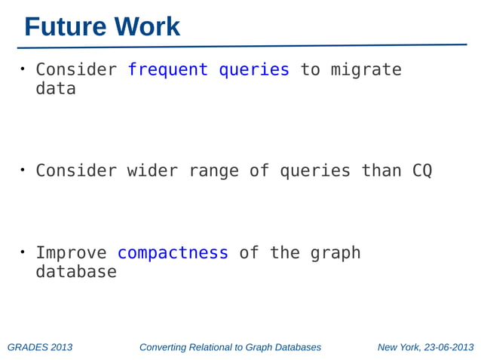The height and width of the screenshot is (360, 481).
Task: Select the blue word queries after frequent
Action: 253,70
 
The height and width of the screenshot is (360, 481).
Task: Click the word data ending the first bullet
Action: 56,89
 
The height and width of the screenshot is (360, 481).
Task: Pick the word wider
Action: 152,171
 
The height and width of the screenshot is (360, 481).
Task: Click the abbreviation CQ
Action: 422,171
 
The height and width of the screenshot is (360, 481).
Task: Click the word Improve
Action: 71,253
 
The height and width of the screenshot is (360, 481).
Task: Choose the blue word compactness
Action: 173,253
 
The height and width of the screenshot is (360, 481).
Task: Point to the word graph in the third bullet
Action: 335,254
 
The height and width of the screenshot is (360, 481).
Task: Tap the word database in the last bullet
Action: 76,272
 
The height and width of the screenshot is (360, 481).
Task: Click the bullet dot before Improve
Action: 23,252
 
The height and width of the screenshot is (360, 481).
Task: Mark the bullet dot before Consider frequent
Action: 23,69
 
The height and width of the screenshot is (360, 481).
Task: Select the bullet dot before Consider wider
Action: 23,169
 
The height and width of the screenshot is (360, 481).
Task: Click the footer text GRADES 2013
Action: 40,347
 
